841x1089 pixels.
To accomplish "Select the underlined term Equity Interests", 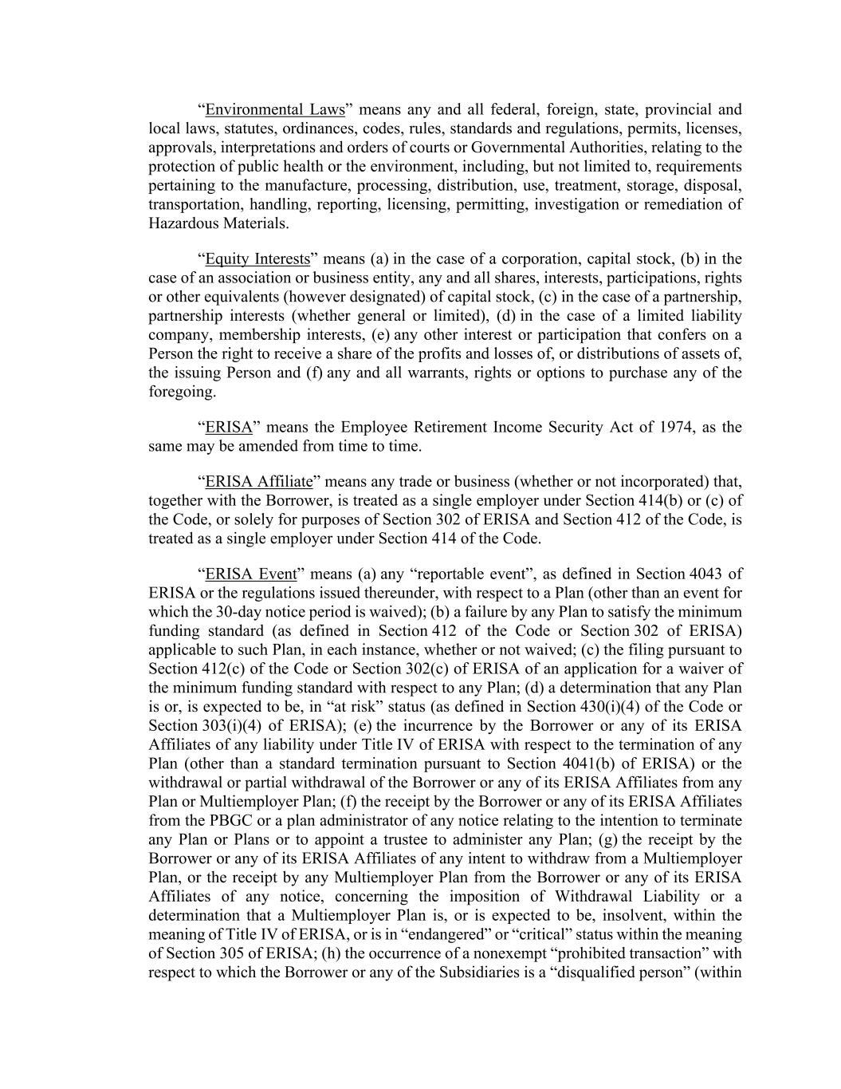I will click(x=257, y=258).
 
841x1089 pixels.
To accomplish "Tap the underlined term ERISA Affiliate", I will click(x=259, y=481).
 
